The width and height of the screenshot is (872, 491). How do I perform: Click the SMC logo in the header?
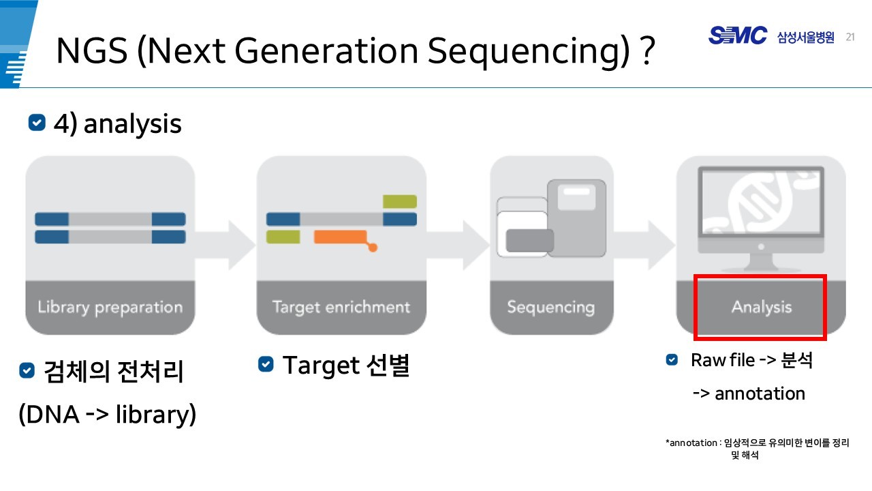click(x=738, y=35)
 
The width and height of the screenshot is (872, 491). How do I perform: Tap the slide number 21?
click(x=850, y=37)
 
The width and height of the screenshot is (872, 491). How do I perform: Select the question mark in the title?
click(x=648, y=52)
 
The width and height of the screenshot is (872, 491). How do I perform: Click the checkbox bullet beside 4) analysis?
click(x=37, y=123)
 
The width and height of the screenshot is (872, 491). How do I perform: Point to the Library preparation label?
click(x=110, y=308)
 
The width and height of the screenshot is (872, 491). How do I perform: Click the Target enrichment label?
click(x=341, y=307)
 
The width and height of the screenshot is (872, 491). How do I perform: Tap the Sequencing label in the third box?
click(x=550, y=307)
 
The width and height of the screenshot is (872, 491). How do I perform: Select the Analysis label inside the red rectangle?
click(x=761, y=307)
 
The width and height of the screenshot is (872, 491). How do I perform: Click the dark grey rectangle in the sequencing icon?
click(x=529, y=241)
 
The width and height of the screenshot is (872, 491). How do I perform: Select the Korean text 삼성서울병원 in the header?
click(x=805, y=38)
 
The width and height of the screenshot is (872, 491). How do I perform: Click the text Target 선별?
click(x=345, y=366)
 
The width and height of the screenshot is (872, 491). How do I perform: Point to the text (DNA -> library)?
click(x=108, y=414)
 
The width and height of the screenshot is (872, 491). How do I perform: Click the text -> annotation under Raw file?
click(x=749, y=393)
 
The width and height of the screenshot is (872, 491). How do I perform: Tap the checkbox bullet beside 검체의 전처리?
click(x=27, y=371)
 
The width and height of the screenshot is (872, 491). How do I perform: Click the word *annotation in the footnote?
click(x=691, y=443)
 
